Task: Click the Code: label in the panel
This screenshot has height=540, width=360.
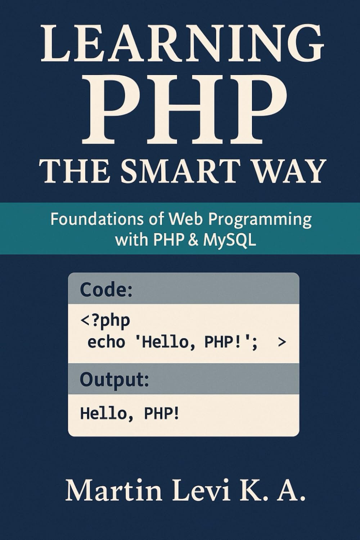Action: tap(107, 289)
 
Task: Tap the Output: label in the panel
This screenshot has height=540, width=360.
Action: tap(114, 379)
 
